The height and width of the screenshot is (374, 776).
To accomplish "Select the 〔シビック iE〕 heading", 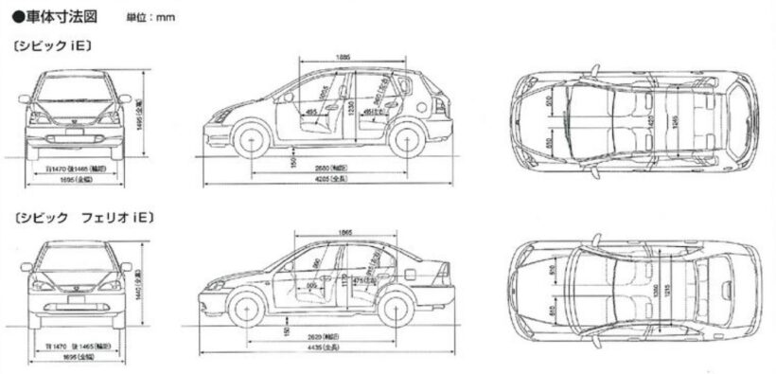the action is click(52, 45).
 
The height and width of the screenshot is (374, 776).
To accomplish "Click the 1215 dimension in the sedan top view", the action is click(664, 291).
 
